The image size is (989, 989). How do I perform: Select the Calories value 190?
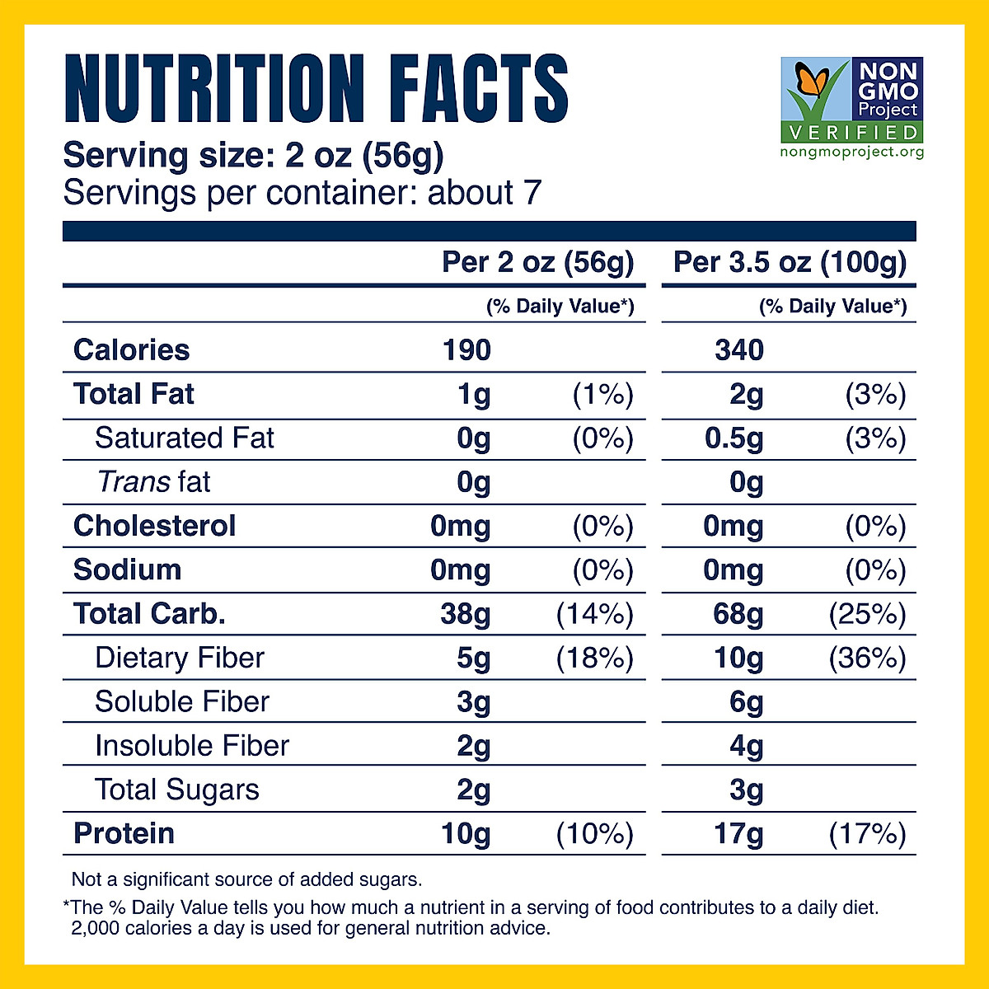[x=466, y=350]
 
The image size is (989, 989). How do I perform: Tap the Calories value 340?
[x=739, y=350]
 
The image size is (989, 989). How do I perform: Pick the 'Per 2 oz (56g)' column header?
[x=538, y=262]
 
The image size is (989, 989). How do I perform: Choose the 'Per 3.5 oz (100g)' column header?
[x=790, y=262]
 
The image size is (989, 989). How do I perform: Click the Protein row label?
[x=124, y=833]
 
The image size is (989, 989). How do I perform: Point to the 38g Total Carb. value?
[x=466, y=614]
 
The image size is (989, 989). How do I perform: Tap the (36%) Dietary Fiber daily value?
[x=867, y=658]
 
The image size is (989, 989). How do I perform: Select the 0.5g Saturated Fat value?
[x=734, y=438]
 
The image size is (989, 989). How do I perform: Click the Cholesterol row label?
[x=154, y=526]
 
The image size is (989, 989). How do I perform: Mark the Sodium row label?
[x=127, y=569]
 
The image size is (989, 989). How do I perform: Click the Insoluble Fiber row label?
[x=192, y=746]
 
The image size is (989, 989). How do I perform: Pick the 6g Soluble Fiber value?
[x=746, y=702]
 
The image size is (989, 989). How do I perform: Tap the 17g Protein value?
[x=738, y=833]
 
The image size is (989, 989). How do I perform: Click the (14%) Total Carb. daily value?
[x=594, y=614]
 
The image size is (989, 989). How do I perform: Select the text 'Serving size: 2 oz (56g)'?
[x=254, y=155]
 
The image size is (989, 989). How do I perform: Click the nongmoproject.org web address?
[x=851, y=152]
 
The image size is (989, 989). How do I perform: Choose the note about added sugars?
[x=246, y=879]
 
